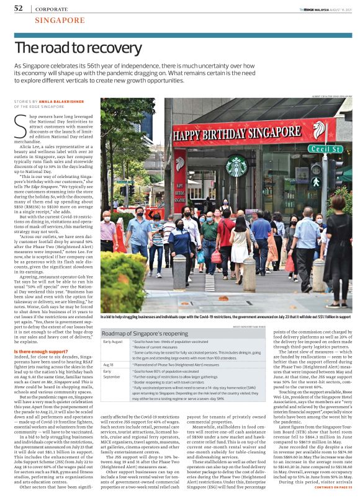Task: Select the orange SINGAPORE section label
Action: pyautogui.click(x=60, y=20)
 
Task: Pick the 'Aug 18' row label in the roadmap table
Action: pyautogui.click(x=109, y=365)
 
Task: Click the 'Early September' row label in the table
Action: pyautogui.click(x=112, y=374)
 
